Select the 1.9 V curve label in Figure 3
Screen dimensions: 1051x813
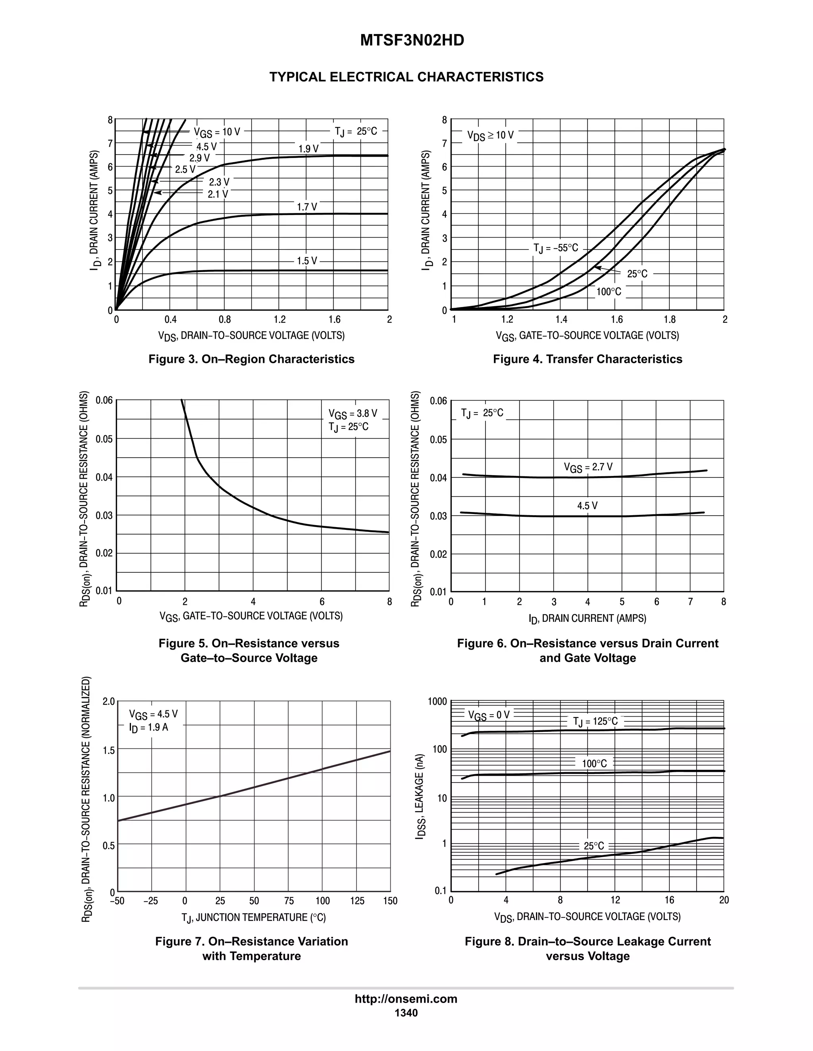308,149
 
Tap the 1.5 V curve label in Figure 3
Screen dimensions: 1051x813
307,261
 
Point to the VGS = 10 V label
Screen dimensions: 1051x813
217,132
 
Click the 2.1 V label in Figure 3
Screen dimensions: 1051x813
218,194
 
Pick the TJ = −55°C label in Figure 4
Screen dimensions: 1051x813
555,248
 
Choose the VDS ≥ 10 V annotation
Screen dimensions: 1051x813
490,135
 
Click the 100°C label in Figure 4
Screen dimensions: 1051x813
609,292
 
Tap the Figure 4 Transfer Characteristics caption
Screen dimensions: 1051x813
587,359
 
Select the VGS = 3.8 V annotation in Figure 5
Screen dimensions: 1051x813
353,414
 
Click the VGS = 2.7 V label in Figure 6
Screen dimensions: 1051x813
588,467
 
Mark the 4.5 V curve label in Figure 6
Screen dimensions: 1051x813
587,506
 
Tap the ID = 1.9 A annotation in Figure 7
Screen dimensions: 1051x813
148,728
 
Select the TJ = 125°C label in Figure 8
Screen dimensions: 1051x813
595,722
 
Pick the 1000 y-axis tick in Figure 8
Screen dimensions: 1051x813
437,702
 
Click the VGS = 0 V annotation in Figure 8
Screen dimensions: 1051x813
488,715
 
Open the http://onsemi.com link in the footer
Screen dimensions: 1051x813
406,999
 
